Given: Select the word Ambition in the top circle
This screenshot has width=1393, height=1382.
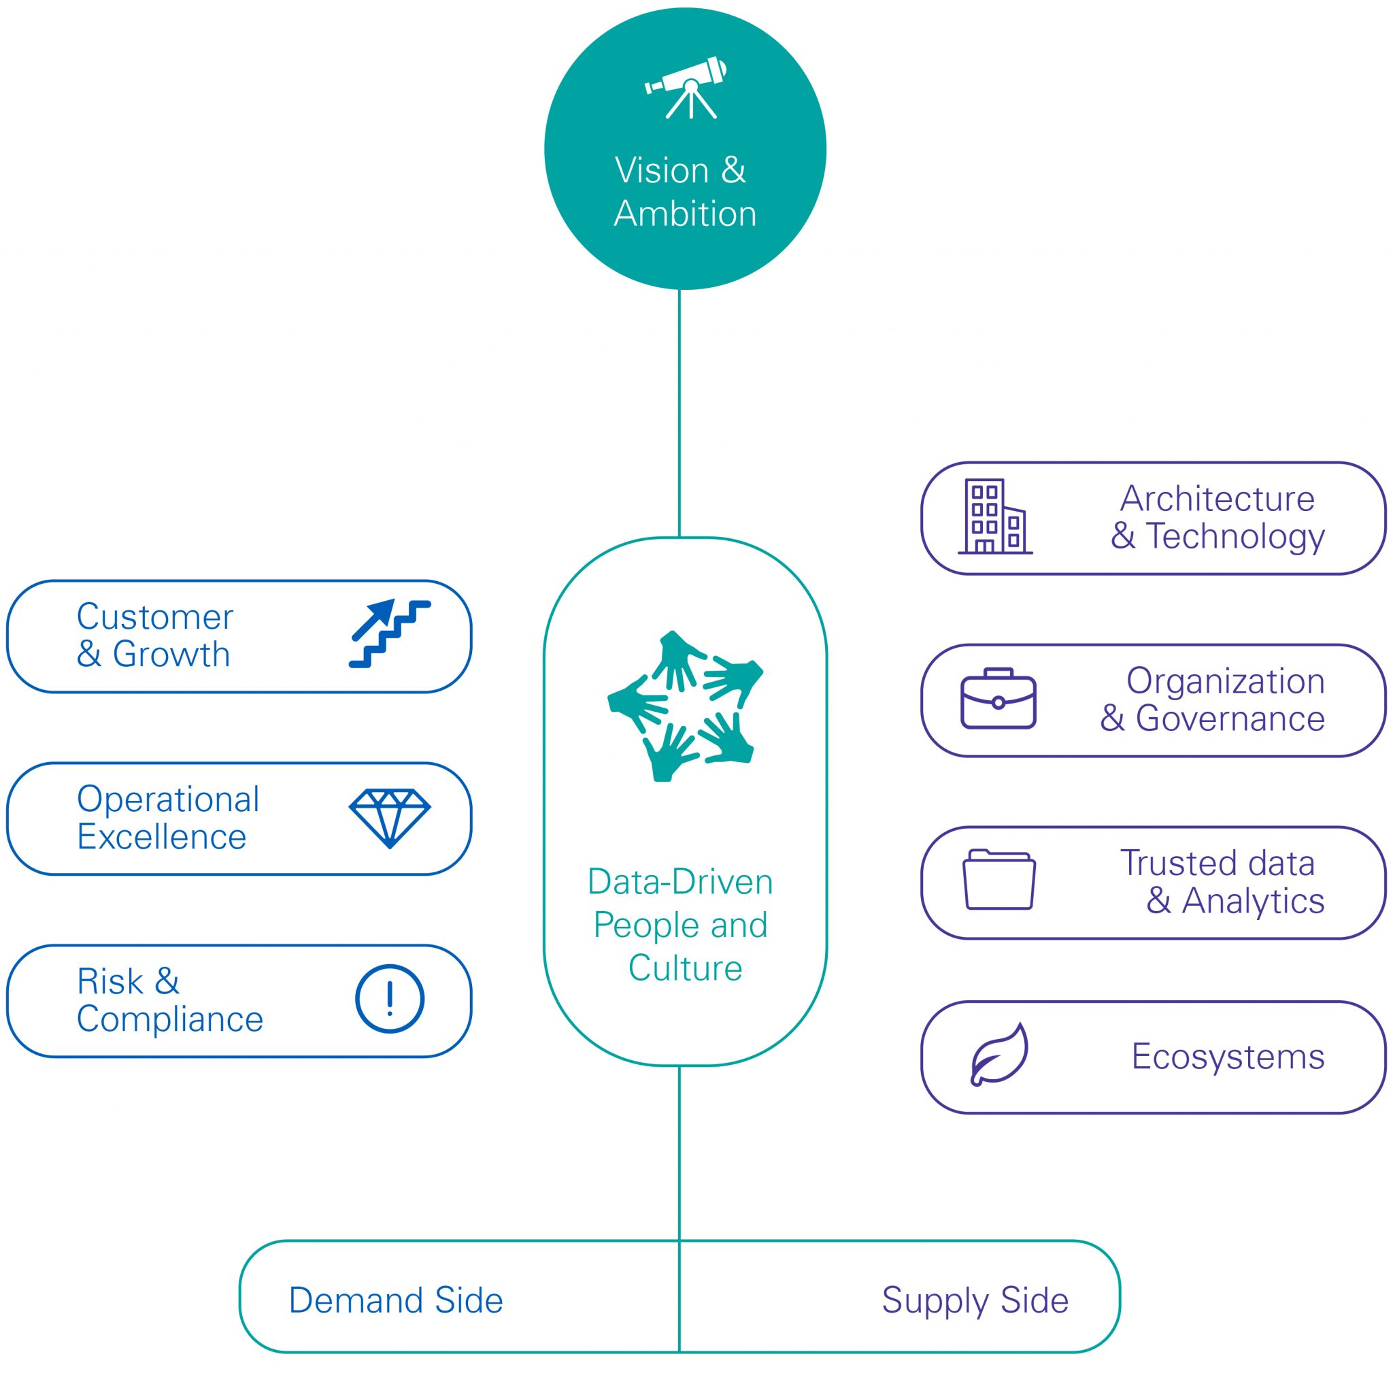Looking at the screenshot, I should coord(685,214).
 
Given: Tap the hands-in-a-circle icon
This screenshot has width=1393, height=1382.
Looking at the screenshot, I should coord(685,706).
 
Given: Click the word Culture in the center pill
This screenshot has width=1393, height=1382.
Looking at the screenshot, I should coord(685,968).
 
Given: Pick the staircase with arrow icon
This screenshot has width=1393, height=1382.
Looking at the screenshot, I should coord(389,634).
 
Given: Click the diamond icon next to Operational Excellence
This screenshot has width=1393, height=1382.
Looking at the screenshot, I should coord(389,818).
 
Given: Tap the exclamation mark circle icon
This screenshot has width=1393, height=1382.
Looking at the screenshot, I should coord(389,999).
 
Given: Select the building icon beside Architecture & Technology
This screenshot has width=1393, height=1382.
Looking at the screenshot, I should coord(995,516).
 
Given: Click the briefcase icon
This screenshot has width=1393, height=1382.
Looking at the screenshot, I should coord(998,698).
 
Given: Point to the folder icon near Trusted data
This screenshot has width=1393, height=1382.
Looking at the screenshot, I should coord(998,879).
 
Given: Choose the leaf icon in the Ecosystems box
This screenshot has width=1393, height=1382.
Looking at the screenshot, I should coord(998,1055).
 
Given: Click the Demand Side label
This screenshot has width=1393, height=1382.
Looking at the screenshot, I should coord(396,1300).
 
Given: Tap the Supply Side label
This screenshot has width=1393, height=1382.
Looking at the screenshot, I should coord(975,1300).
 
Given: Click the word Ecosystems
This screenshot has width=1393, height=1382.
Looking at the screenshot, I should coord(1228,1057).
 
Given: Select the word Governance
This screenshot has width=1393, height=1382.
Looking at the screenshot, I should coord(1230,719).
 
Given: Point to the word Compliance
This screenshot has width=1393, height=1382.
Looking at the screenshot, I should coord(170,1019).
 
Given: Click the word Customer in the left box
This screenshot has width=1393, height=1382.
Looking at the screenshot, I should coord(155,616).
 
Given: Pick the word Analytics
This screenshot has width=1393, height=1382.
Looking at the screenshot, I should coord(1253,901).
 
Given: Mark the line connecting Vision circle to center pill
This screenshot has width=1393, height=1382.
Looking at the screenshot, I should coord(679,411).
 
